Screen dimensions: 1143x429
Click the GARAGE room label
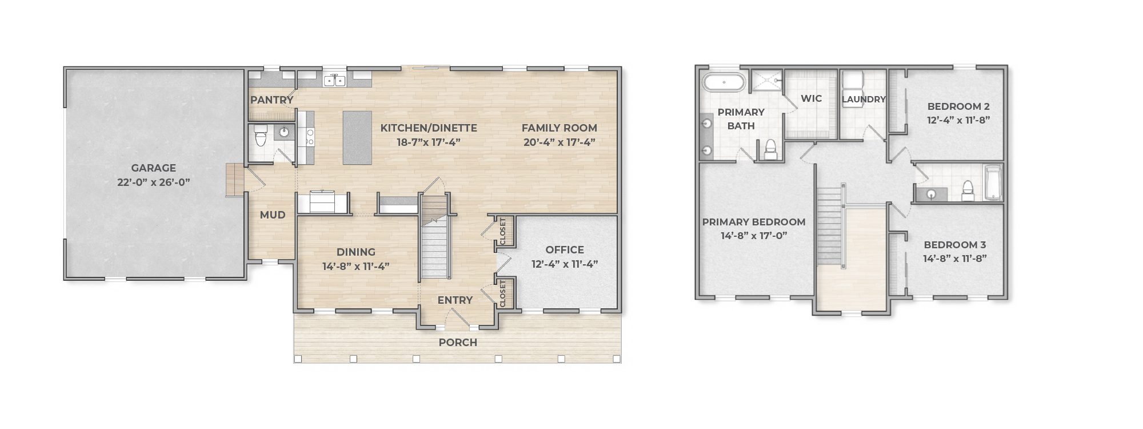tap(153, 168)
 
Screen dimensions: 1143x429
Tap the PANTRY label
tap(271, 100)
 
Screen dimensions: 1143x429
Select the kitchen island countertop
tap(357, 138)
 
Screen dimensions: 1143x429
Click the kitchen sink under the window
tap(334, 81)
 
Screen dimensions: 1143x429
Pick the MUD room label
tap(273, 215)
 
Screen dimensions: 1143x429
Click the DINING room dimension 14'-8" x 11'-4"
tap(355, 266)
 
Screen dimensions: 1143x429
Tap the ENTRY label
tap(455, 300)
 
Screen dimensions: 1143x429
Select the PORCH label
tap(458, 343)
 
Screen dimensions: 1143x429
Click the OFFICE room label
tap(565, 250)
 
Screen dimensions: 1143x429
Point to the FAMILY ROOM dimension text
tap(559, 142)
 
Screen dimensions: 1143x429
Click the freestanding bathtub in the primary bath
tap(724, 82)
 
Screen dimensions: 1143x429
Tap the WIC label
tap(812, 98)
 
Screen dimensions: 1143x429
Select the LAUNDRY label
tap(864, 100)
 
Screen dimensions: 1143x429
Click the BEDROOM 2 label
tap(958, 106)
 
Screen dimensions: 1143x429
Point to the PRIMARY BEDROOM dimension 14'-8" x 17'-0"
tap(754, 236)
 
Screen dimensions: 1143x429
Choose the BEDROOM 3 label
tap(955, 245)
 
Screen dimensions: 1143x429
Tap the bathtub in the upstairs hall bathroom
tap(993, 183)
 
